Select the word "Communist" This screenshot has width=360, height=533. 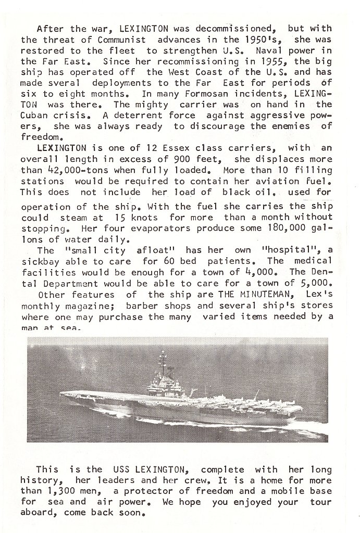point(112,40)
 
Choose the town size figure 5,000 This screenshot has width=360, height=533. point(316,282)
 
